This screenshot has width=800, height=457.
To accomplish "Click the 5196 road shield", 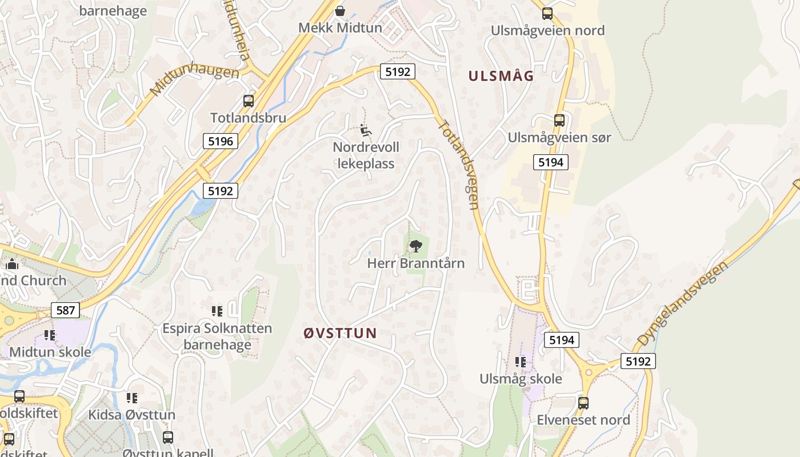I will pos(220,141).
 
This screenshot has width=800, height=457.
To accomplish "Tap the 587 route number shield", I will pos(65,310).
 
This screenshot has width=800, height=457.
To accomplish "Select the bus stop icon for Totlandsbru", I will pos(248,101).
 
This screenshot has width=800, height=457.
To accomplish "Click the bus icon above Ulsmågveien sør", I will pos(559,121).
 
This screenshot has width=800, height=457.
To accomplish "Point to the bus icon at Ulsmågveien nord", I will pos(547,14).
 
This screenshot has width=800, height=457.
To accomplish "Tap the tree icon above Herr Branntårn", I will pos(415,246).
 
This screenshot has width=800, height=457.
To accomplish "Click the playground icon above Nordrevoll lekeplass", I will pos(366,131).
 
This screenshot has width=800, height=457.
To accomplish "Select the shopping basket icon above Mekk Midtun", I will pos(340,11).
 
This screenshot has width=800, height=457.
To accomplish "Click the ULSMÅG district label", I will pos(501,76).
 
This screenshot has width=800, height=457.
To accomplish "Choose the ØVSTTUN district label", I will pos(340,334).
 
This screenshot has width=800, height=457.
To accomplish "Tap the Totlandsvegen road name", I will pos(459,164).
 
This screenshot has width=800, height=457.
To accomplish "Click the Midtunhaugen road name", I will pos(194,81).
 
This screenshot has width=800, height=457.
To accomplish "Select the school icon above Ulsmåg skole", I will pos(520,362).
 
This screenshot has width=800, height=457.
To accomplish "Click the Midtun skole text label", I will pos(50,352).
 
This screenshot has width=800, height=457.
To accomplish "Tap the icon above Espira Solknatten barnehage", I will pos(217,311).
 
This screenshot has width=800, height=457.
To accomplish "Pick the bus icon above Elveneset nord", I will pos(583,403).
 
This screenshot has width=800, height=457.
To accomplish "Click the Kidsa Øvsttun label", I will pos(131,415).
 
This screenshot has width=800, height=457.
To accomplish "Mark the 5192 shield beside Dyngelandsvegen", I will pos(638,361).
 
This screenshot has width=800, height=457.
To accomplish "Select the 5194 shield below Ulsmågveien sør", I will pos(550,162).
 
